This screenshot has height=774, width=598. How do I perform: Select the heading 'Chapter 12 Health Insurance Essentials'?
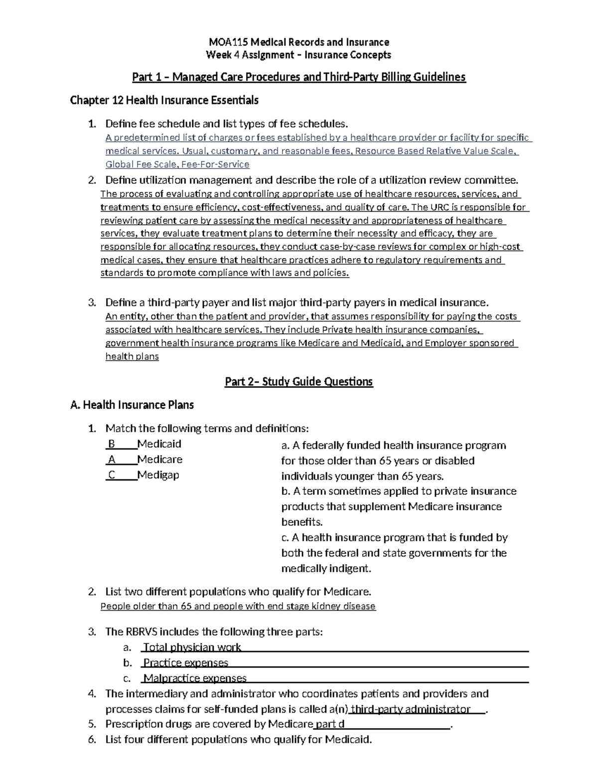(164, 100)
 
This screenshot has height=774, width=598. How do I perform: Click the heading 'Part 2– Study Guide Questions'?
(299, 382)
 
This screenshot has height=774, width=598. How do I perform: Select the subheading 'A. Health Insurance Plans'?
(132, 405)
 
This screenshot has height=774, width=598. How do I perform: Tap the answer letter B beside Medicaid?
(112, 444)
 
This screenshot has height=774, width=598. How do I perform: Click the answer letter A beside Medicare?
(112, 460)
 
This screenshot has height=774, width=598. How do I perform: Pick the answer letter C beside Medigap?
(112, 475)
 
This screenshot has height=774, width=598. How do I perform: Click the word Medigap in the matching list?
(158, 475)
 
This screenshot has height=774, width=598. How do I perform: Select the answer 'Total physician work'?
(192, 647)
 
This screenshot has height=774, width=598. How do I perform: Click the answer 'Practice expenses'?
(185, 663)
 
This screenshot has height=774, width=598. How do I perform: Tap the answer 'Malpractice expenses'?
(194, 678)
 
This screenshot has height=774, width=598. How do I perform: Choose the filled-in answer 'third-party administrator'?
(411, 709)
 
